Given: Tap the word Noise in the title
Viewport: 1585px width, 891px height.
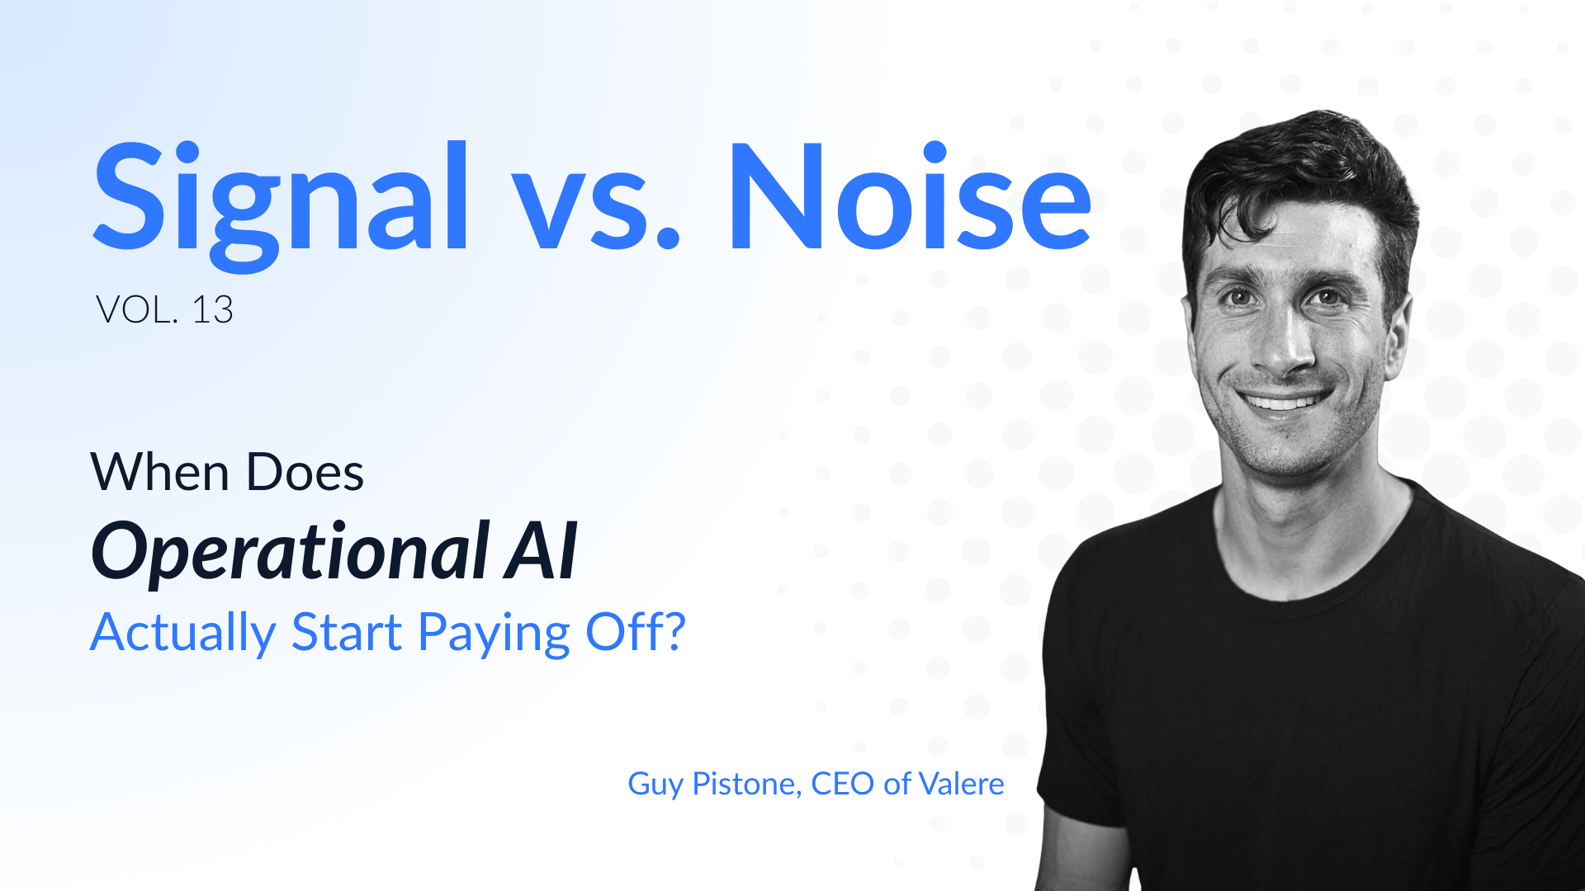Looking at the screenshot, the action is (910, 196).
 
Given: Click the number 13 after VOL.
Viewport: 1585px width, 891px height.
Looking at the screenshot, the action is (212, 310).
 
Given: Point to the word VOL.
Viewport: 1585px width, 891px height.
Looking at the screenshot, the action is (136, 310).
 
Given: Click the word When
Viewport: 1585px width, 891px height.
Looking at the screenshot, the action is (160, 472).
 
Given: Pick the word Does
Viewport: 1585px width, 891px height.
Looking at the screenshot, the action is (305, 472).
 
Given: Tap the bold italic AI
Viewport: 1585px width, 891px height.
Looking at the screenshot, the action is (542, 551).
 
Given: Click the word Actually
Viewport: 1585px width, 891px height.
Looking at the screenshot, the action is (183, 633).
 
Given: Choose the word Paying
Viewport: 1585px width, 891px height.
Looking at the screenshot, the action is (494, 633).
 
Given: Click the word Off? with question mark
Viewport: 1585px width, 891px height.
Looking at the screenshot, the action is (636, 631).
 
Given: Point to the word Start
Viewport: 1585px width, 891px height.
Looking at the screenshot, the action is (347, 632).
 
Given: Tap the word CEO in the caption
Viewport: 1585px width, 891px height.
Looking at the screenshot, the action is (842, 784).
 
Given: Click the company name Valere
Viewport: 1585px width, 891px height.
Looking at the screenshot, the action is (962, 784).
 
